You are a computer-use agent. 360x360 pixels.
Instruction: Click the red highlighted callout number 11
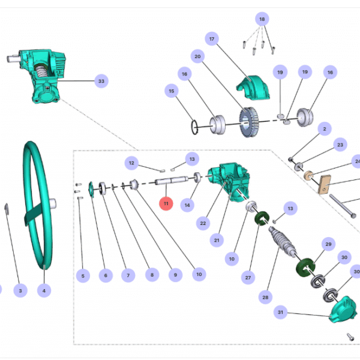[x=166, y=203]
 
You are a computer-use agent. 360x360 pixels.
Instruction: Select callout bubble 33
[x=101, y=80]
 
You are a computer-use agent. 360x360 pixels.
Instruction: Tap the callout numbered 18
[x=262, y=19]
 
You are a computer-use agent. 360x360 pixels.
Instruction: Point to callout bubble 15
[x=172, y=92]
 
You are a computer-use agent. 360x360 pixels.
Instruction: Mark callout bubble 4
[x=43, y=290]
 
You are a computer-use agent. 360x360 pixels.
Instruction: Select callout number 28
[x=265, y=297]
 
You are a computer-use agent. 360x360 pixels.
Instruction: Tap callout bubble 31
[x=280, y=313]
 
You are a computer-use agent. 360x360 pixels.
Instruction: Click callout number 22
[x=203, y=223]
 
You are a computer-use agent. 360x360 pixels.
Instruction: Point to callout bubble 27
[x=247, y=278]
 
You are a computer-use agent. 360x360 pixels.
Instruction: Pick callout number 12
[x=132, y=162]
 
